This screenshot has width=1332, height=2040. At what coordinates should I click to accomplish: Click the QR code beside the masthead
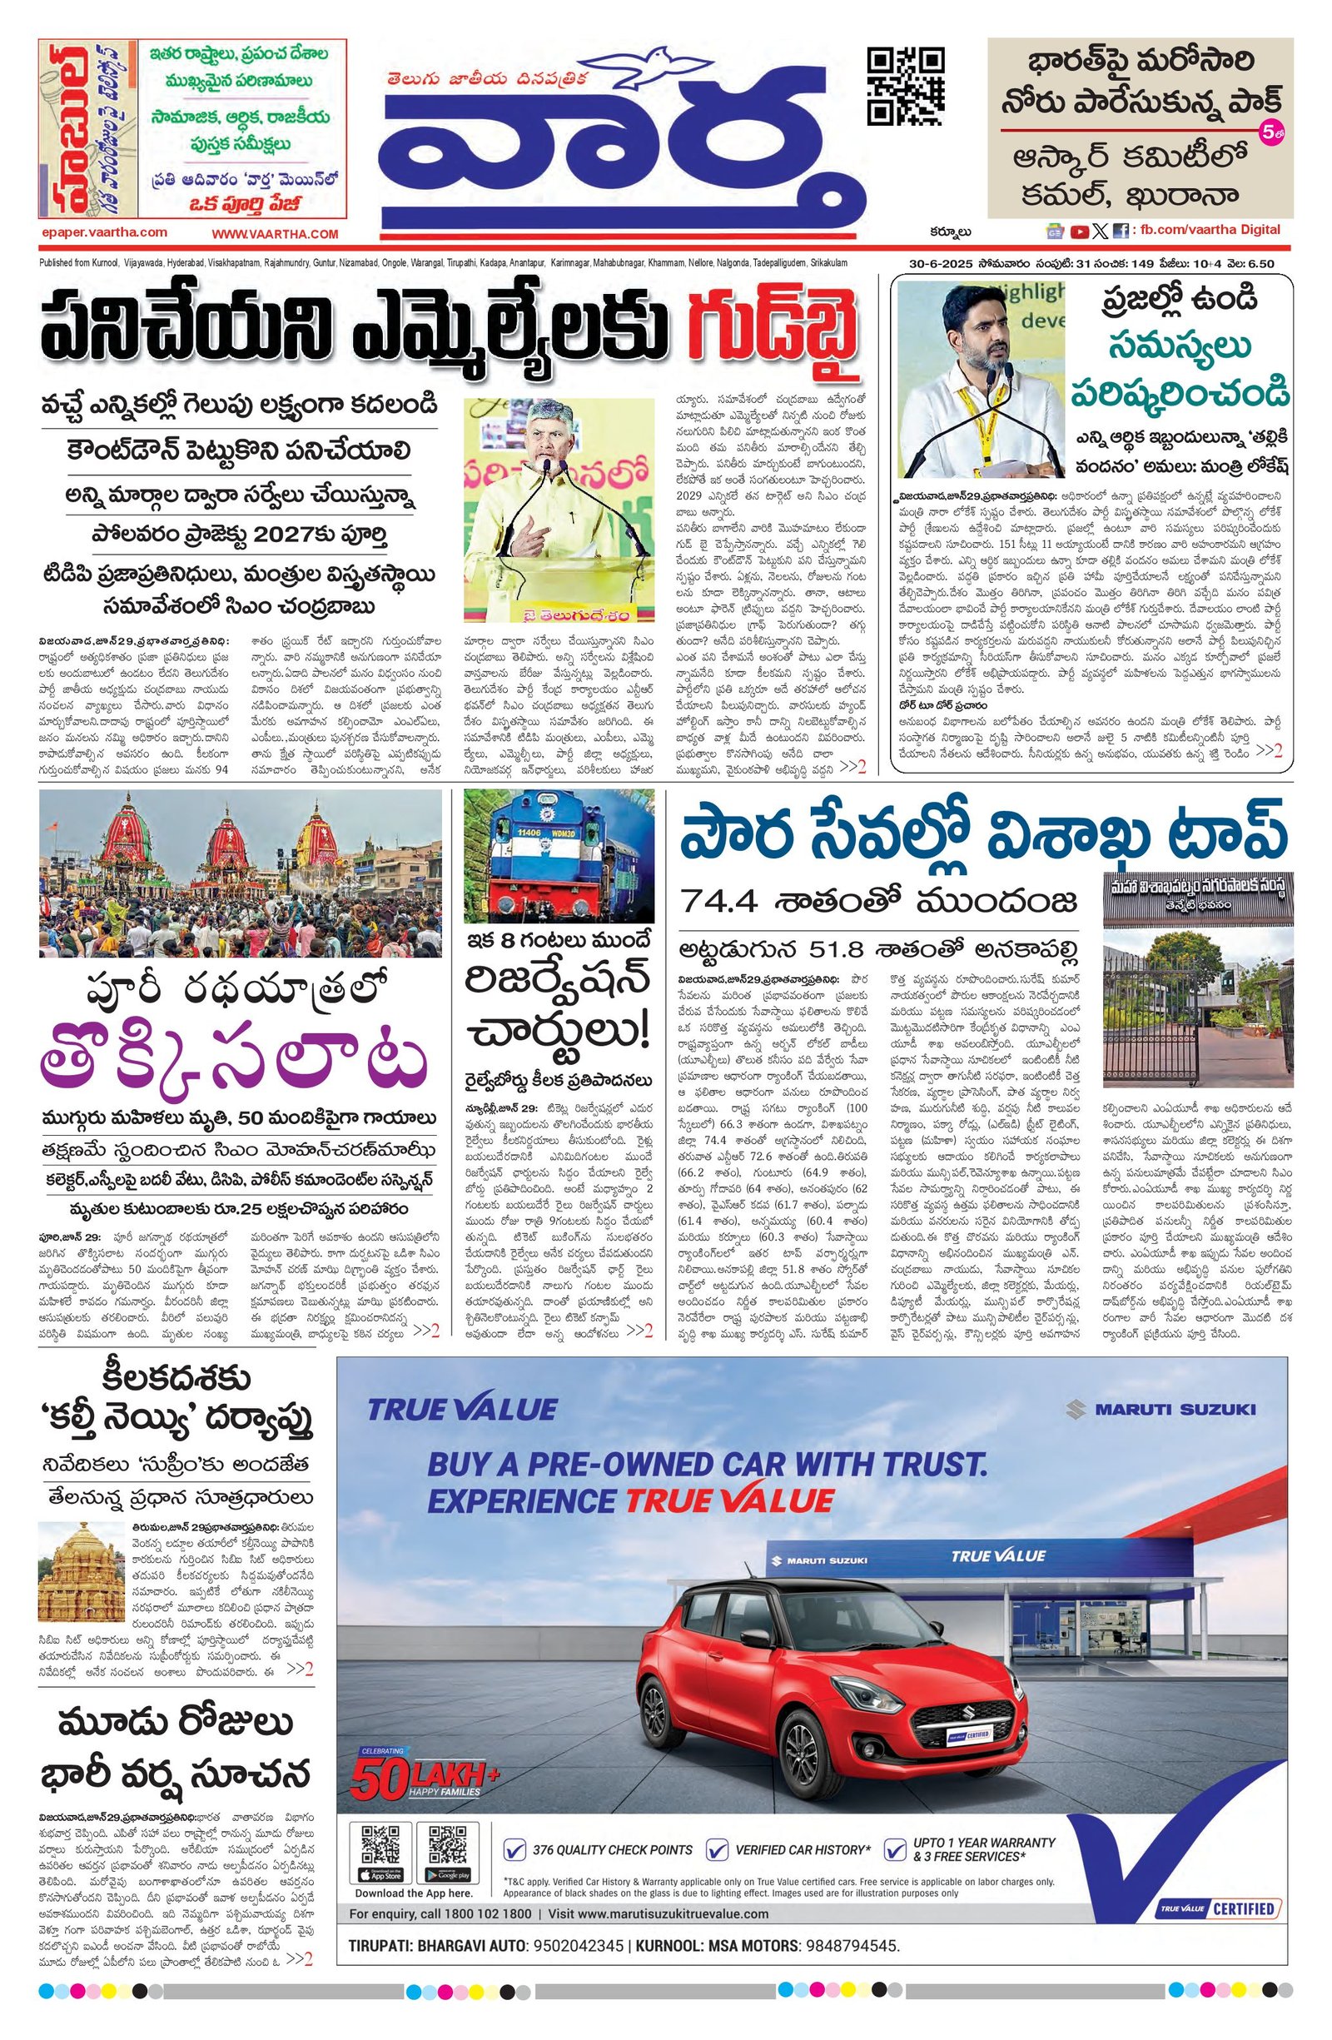(x=906, y=87)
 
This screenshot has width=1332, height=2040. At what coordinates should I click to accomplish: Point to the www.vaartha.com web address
(x=276, y=234)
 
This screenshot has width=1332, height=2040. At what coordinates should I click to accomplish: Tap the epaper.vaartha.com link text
(x=104, y=232)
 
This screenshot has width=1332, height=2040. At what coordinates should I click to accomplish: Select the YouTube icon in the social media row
(x=1079, y=231)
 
